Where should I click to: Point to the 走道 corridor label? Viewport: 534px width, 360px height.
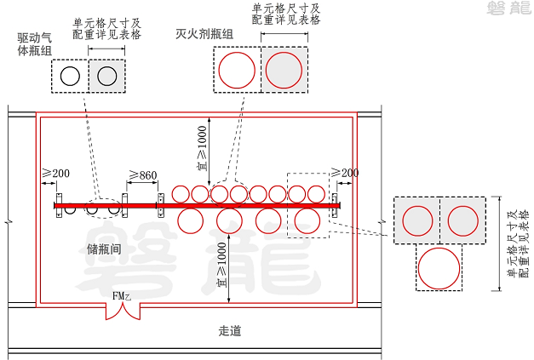[230, 330]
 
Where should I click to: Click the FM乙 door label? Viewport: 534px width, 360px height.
[122, 295]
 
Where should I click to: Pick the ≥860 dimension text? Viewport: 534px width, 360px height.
[143, 175]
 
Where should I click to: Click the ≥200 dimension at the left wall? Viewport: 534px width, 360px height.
[56, 174]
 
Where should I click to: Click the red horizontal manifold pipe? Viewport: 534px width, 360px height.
[196, 205]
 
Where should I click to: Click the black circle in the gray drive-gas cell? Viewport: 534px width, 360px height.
[106, 76]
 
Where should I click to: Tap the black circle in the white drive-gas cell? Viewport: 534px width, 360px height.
[71, 76]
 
